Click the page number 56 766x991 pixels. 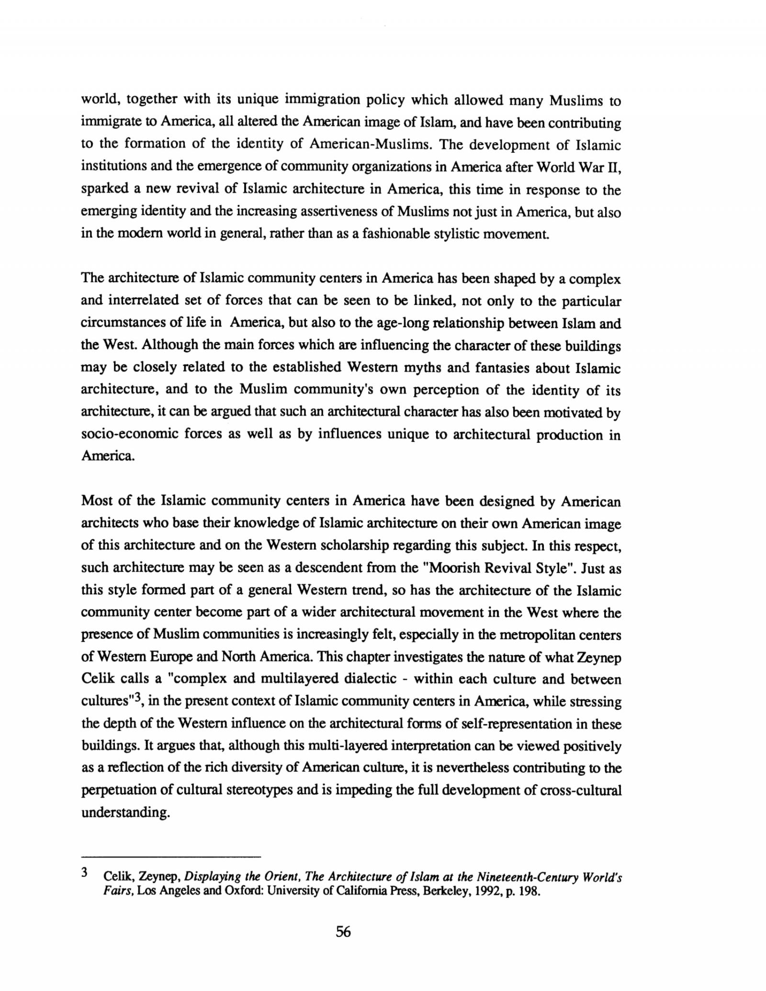tap(343, 932)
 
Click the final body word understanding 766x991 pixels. tap(125, 812)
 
